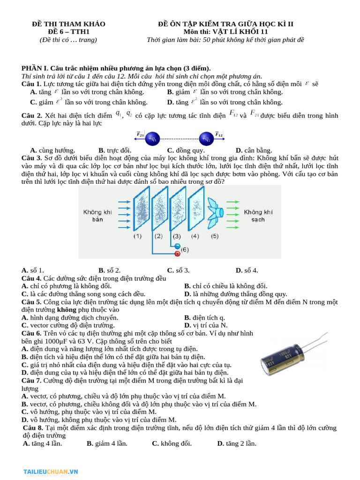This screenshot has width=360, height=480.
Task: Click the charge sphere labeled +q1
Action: [x=153, y=139]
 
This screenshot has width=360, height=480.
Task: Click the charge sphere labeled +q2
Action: [x=206, y=139]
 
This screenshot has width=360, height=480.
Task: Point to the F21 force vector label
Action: [x=140, y=135]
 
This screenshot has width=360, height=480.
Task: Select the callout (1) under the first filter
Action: [x=137, y=236]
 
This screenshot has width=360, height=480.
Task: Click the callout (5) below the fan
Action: [x=214, y=236]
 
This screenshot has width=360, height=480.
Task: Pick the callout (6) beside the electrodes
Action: [x=185, y=250]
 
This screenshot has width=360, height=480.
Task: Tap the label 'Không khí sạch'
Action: [x=257, y=216]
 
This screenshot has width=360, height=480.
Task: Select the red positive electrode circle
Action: [x=177, y=254]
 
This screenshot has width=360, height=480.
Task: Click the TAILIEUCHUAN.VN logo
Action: [x=51, y=472]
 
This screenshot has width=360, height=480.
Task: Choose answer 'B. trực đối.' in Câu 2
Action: [x=115, y=150]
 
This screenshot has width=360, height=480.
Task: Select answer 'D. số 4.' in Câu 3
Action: [x=247, y=270]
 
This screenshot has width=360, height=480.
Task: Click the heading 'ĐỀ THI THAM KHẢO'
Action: [x=68, y=24]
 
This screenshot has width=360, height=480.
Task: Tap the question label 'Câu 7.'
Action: [x=32, y=381]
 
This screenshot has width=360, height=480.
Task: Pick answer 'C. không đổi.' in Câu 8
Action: [x=172, y=443]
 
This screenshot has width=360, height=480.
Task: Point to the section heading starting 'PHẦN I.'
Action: [x=116, y=68]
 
